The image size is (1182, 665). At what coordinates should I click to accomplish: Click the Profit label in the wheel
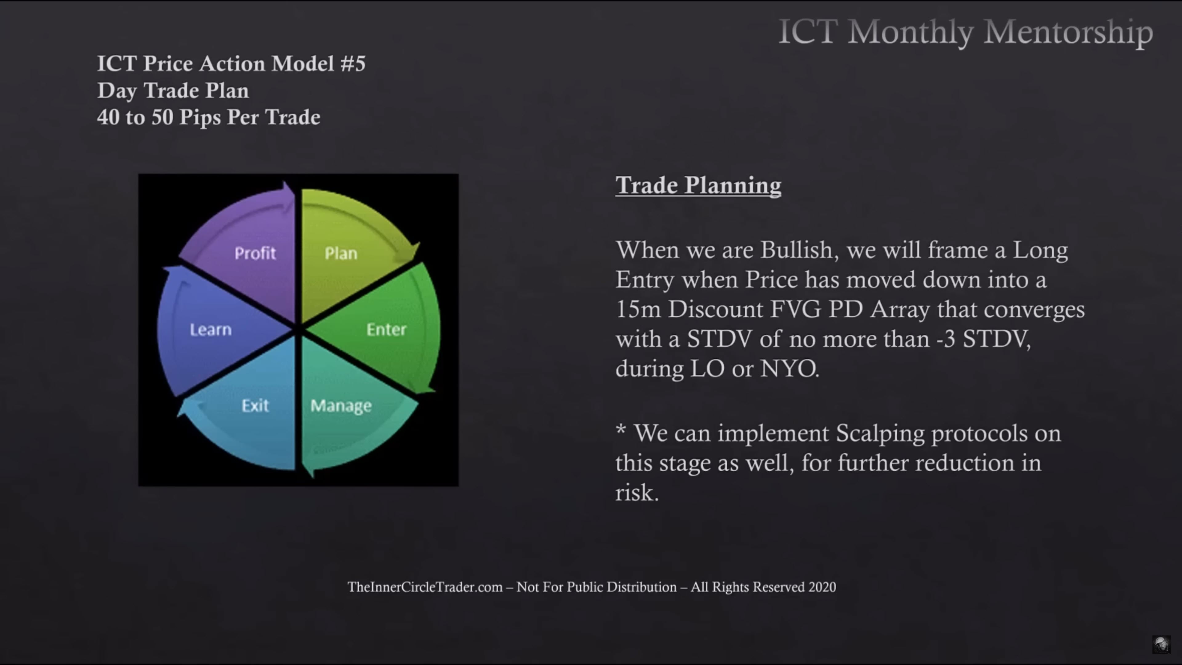[x=255, y=253]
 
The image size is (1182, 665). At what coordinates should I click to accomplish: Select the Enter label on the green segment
[x=386, y=329]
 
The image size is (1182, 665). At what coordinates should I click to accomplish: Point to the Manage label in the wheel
[x=341, y=406]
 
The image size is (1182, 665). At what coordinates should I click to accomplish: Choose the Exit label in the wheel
[x=255, y=405]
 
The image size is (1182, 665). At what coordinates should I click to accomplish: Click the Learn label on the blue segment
[x=211, y=329]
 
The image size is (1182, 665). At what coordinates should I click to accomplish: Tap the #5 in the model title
[x=353, y=63]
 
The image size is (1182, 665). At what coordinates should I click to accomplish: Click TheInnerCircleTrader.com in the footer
[x=425, y=587]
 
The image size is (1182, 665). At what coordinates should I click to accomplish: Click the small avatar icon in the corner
[x=1161, y=644]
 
